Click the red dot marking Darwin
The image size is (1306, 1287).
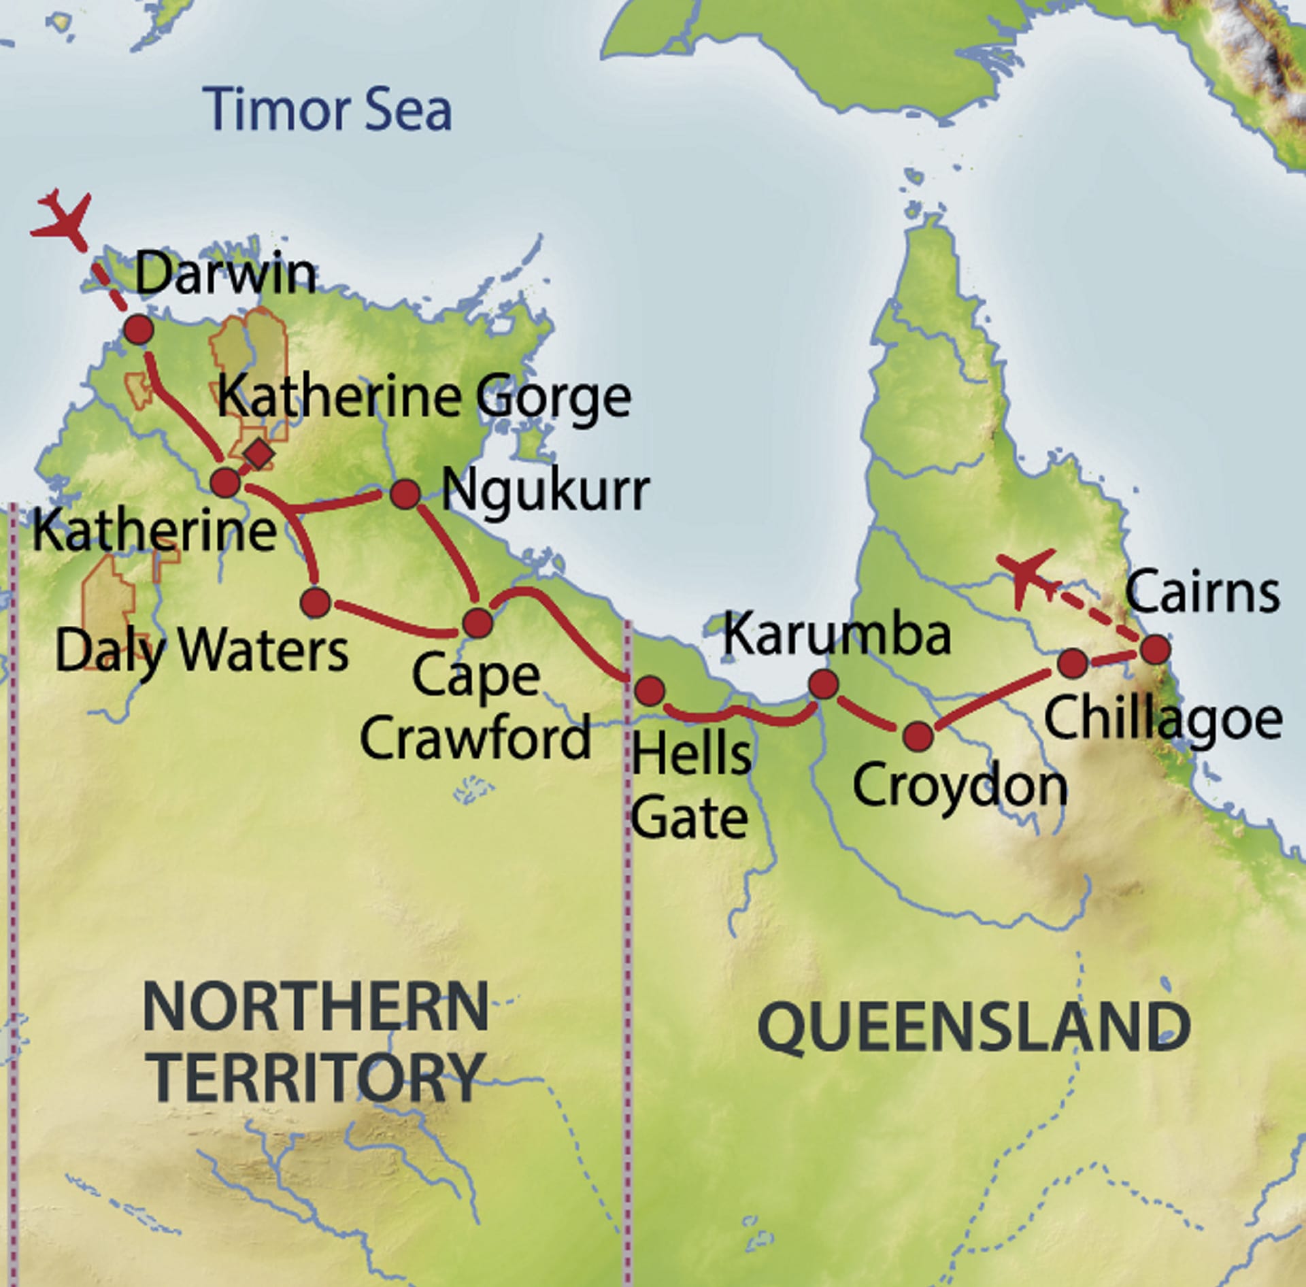coord(139,330)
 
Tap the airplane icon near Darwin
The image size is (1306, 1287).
coord(62,217)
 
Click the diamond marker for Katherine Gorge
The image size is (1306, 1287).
coord(258,454)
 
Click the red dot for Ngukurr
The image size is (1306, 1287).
coord(405,494)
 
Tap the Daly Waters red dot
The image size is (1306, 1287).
coord(316,603)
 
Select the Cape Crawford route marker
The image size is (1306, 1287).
coord(478,622)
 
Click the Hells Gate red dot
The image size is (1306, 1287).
coord(649,690)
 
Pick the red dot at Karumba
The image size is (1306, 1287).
coord(823,684)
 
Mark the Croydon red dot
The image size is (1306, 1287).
coord(918,736)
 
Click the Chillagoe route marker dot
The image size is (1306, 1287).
coord(1073,663)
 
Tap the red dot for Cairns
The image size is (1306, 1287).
coord(1155,650)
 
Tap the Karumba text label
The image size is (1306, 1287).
coord(837,635)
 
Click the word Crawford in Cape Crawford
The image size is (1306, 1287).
coord(475,738)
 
